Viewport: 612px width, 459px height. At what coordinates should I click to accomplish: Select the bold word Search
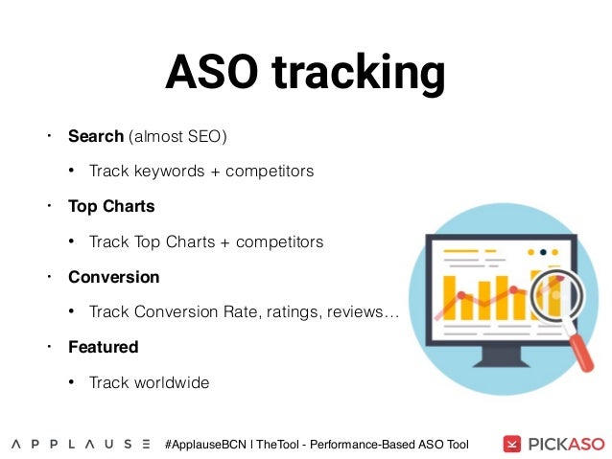(96, 136)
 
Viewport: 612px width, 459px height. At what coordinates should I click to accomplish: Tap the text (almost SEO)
(177, 136)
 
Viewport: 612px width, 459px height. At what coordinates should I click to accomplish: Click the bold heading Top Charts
(111, 206)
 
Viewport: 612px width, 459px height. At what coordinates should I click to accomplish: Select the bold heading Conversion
(113, 277)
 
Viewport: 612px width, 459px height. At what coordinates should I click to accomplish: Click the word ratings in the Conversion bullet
(298, 312)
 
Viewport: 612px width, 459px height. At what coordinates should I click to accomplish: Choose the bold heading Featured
(103, 347)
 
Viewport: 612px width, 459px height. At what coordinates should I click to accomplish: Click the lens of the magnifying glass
(551, 293)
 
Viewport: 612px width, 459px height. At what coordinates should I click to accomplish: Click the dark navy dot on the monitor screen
(542, 253)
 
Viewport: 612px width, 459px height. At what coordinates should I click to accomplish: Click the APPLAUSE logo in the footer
(81, 444)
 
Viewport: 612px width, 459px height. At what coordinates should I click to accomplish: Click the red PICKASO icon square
(513, 444)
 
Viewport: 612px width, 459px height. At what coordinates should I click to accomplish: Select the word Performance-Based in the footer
(370, 444)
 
